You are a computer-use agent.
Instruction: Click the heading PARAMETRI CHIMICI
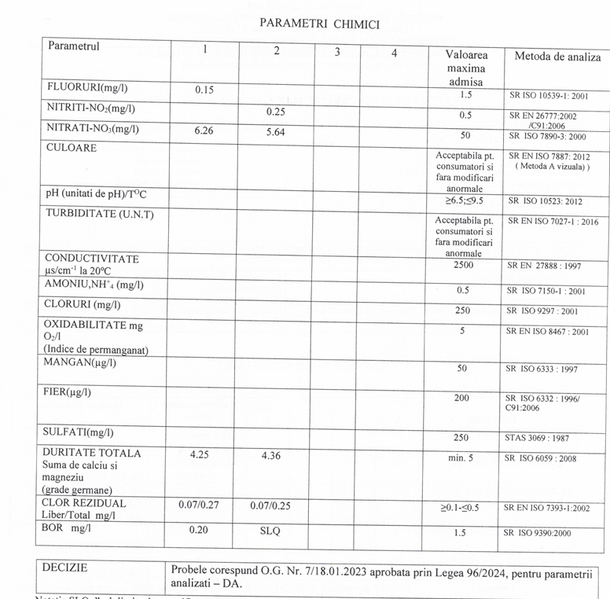(319, 24)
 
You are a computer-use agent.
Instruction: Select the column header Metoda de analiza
(557, 57)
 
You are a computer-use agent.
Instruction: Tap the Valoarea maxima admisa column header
(466, 68)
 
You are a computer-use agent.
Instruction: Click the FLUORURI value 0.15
(204, 90)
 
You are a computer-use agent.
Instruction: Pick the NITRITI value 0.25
(275, 112)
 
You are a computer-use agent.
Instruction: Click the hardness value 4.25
(204, 454)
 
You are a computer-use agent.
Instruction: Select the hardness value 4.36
(275, 454)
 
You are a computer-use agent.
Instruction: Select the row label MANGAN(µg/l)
(80, 362)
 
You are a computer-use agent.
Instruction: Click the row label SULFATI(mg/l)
(79, 432)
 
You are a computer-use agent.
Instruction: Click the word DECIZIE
(65, 568)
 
